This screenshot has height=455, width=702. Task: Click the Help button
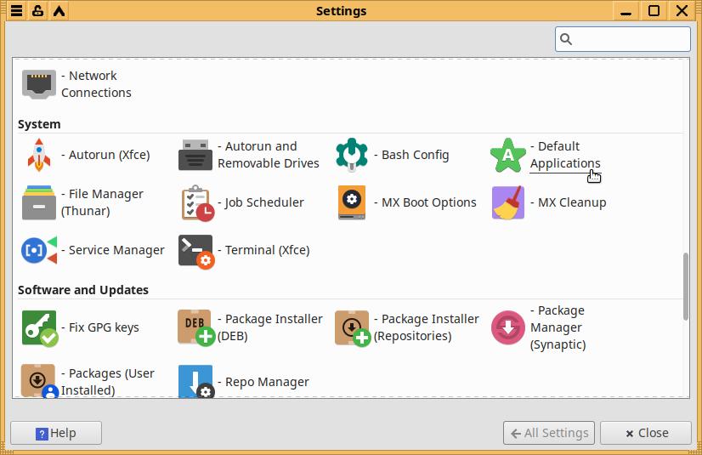click(56, 433)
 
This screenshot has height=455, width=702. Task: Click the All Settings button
click(548, 433)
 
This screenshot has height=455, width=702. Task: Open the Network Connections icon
click(39, 84)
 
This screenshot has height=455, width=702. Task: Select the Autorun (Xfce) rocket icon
click(39, 155)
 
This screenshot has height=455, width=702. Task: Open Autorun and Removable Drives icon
click(195, 155)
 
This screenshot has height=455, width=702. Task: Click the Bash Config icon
click(352, 155)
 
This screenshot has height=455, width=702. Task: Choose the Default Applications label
click(565, 155)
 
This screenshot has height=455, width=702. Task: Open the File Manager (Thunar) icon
click(39, 202)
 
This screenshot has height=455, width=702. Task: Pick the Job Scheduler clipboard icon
click(195, 202)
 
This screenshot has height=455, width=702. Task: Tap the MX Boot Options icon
click(352, 202)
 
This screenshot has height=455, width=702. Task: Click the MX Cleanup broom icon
click(508, 202)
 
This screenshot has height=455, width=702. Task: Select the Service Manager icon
click(39, 250)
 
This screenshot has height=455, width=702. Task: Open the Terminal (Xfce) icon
click(195, 250)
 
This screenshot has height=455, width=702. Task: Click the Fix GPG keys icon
click(39, 327)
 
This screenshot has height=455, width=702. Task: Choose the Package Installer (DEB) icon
click(195, 327)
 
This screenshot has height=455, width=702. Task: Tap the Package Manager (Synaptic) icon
click(508, 327)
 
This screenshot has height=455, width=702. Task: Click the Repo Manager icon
click(195, 382)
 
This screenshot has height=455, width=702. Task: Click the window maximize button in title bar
click(654, 11)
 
